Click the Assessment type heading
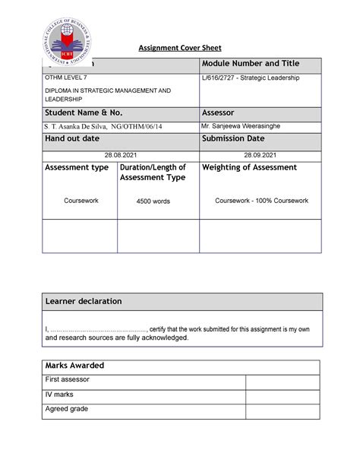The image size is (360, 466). point(77,167)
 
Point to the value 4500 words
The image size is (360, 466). point(153,201)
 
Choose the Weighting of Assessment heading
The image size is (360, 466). point(249,167)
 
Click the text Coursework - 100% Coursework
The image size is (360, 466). point(261,201)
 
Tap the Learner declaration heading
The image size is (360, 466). point(84,302)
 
